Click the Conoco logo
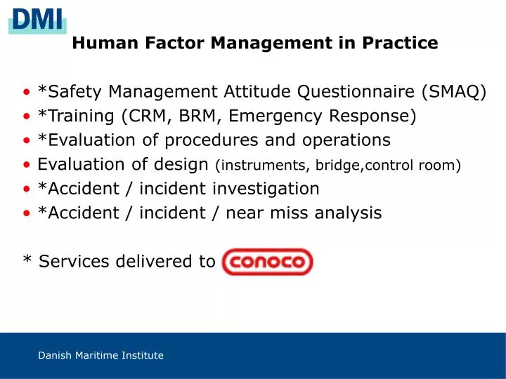267,262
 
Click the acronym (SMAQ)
454,92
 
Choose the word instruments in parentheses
264,166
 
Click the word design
184,165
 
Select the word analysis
348,213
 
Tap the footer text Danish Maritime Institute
100,356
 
